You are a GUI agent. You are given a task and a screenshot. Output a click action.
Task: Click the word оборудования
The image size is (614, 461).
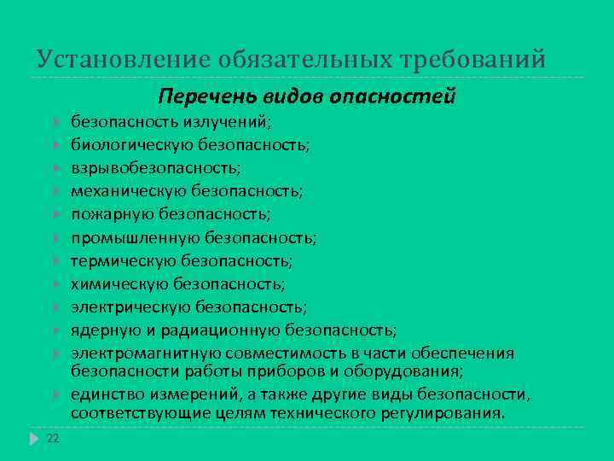pyautogui.click(x=406, y=371)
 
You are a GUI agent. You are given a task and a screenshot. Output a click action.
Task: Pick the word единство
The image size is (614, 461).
pyautogui.click(x=104, y=394)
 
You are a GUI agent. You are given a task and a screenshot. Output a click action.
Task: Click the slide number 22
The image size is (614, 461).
pyautogui.click(x=53, y=438)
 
